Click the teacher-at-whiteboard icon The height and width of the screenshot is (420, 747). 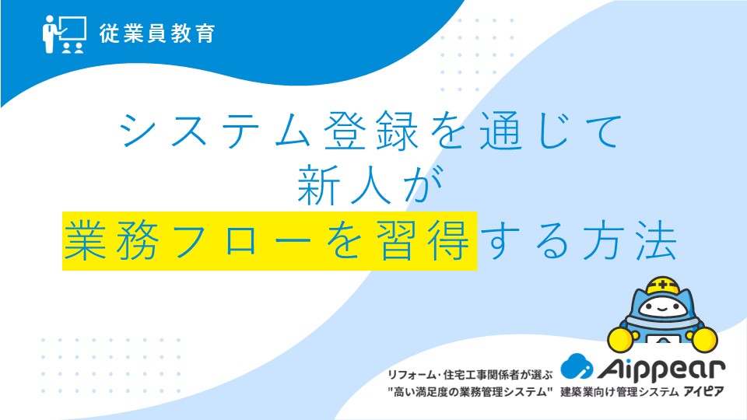pos(65,34)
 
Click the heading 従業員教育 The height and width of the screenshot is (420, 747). pos(157,33)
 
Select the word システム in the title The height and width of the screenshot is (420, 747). pos(216,131)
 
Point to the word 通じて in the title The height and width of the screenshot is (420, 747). pos(551,131)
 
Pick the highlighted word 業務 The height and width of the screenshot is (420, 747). pos(112,241)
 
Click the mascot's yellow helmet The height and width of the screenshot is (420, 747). pos(663,285)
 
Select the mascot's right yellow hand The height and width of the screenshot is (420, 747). pos(704,338)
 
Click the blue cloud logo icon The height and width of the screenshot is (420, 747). pos(577,366)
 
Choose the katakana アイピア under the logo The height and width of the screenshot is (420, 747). pos(703,392)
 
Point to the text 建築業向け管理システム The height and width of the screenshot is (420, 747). pos(619,392)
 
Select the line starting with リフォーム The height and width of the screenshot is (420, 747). pos(470,375)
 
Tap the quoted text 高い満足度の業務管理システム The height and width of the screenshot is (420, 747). pos(470,392)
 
